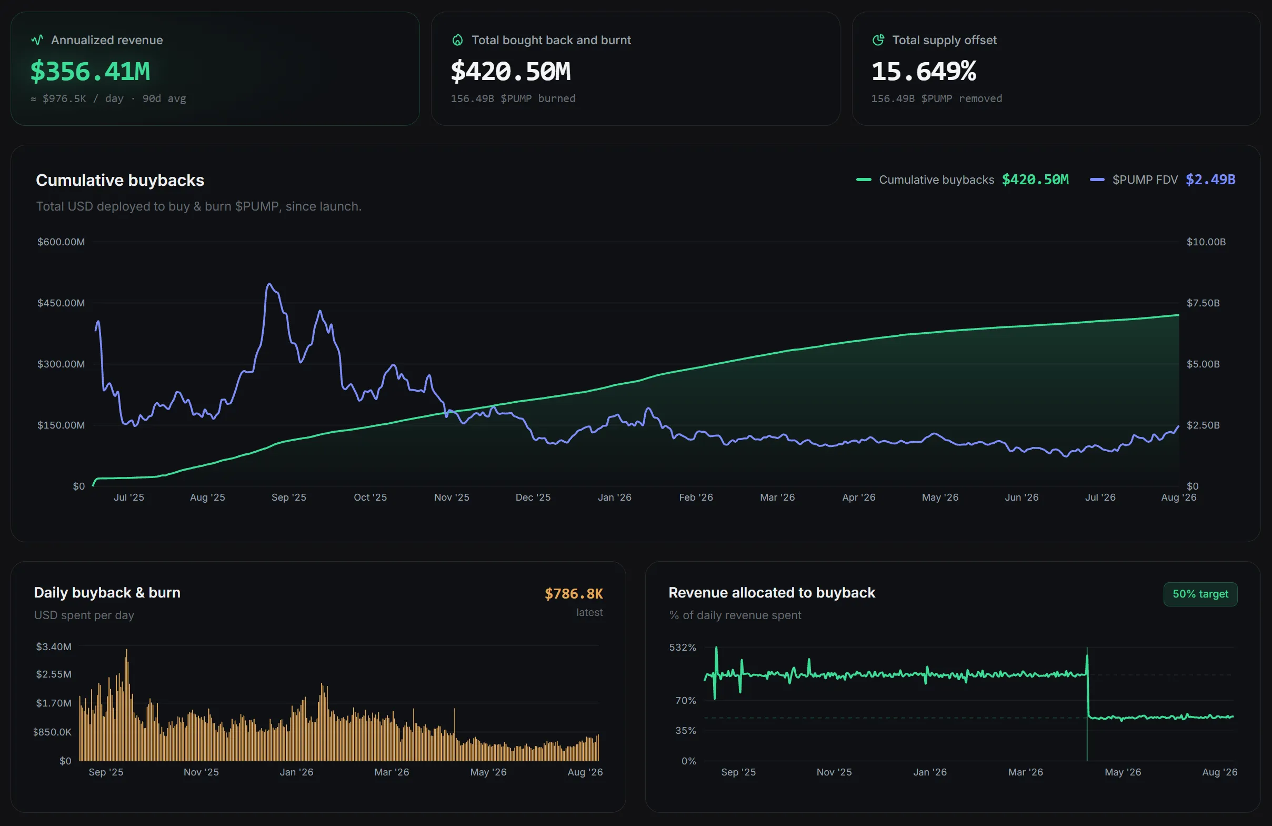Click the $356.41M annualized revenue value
[90, 72]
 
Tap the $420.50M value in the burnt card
[510, 72]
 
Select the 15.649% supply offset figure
[924, 72]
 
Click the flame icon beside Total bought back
[457, 40]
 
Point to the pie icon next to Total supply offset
[878, 40]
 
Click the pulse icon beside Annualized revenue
[37, 40]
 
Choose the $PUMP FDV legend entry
[1163, 180]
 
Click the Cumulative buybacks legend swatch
[864, 180]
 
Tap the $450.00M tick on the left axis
[61, 303]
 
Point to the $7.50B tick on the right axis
[1203, 303]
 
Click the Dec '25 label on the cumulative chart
[533, 497]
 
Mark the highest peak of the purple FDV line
[269, 284]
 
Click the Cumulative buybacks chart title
[120, 180]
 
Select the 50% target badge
[1200, 594]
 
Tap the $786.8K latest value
[574, 594]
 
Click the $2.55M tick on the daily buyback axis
[54, 674]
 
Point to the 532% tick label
[683, 648]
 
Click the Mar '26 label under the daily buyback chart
[392, 772]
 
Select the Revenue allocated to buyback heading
[772, 593]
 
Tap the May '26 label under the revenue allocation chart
[1123, 772]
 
